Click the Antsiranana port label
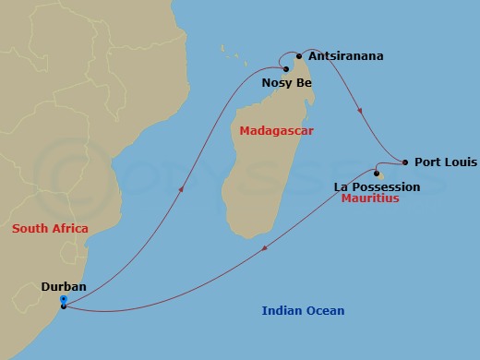[345, 56]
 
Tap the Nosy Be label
[287, 83]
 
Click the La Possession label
[377, 186]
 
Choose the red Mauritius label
[370, 198]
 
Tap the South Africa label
[50, 228]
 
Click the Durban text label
[64, 287]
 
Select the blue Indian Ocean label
[297, 311]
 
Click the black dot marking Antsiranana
[299, 55]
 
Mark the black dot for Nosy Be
[286, 69]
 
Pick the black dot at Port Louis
[405, 162]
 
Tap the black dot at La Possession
[377, 174]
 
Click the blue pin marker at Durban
[63, 299]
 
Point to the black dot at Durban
[63, 306]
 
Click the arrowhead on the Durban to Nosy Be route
[181, 188]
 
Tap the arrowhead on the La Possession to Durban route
[265, 247]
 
